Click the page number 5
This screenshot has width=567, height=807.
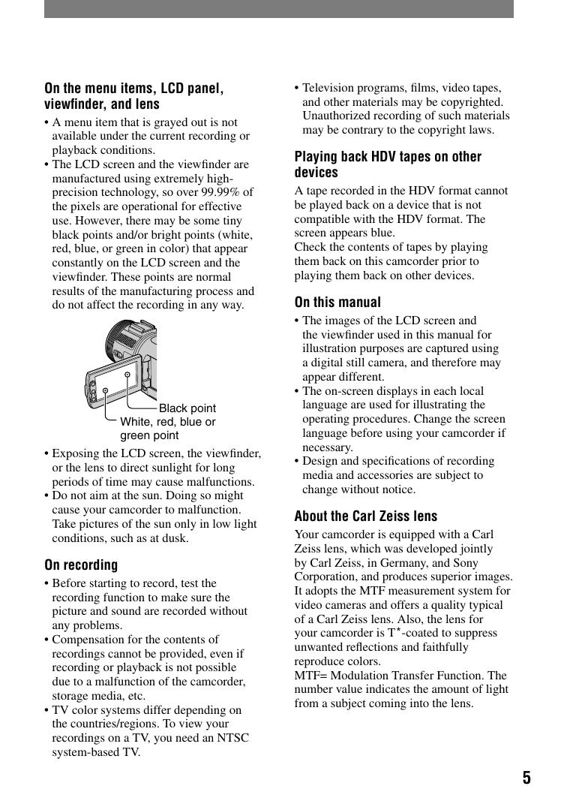(526, 777)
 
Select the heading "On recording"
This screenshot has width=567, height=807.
(81, 565)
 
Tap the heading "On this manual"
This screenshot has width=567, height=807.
(337, 303)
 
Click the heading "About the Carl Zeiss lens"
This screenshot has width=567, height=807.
(365, 516)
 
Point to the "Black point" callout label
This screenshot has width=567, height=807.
(187, 408)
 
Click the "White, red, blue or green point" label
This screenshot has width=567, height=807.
(167, 429)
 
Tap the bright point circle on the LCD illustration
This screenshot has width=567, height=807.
(106, 390)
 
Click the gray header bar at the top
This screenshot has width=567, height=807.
(278, 9)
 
